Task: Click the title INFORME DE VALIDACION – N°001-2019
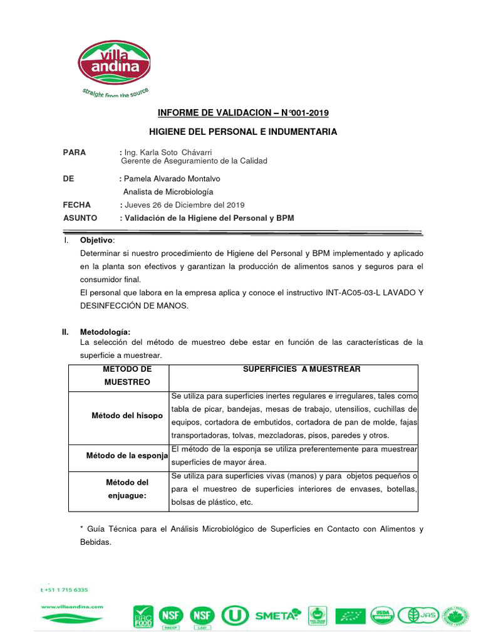[x=242, y=113]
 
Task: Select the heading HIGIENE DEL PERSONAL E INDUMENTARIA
[x=242, y=132]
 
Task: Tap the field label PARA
[x=75, y=152]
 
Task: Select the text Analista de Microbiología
[x=168, y=192]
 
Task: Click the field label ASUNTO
[x=80, y=218]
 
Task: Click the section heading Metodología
[x=105, y=332]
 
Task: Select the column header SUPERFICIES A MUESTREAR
[x=302, y=369]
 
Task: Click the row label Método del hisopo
[x=127, y=416]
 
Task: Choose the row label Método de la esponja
[x=127, y=456]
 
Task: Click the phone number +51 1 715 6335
[x=64, y=589]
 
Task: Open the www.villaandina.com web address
[x=71, y=607]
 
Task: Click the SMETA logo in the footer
[x=277, y=615]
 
